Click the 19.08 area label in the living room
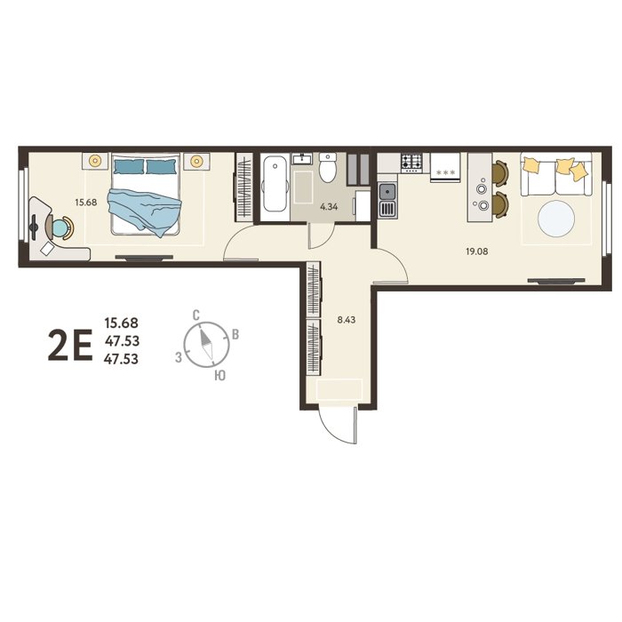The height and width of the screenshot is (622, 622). (x=477, y=251)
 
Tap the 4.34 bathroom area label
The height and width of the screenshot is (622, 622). (x=329, y=207)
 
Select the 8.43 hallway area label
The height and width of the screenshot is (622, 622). (x=347, y=320)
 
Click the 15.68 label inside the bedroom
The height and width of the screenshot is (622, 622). (x=86, y=203)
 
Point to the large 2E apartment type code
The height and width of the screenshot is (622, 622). (x=70, y=345)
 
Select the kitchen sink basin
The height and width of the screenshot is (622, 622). (x=387, y=193)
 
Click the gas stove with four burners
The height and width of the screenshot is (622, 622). (x=411, y=163)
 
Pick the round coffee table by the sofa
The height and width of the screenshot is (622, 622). (x=556, y=219)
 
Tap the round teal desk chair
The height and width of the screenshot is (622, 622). (x=60, y=228)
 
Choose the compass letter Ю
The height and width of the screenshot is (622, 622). (x=219, y=375)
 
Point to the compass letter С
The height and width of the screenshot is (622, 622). (x=195, y=315)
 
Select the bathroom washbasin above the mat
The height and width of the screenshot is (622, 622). (x=302, y=159)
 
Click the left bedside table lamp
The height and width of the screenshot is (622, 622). (x=95, y=161)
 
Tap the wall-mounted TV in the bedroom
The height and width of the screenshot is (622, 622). (x=144, y=258)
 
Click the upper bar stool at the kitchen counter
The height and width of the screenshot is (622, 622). (x=499, y=173)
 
